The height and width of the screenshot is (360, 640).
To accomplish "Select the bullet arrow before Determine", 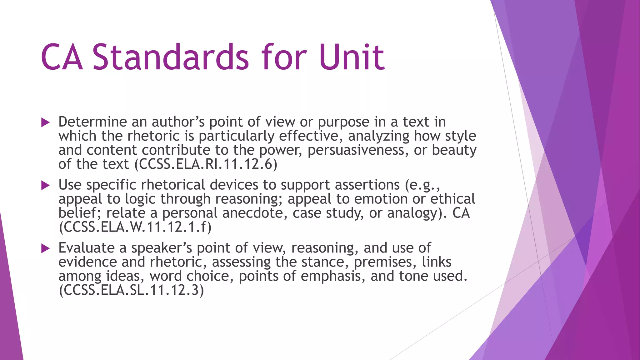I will (x=46, y=122).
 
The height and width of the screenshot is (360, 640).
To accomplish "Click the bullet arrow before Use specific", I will (x=46, y=186).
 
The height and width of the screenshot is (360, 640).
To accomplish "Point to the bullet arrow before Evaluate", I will (x=46, y=249).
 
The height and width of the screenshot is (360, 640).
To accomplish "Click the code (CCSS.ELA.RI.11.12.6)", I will (x=206, y=164).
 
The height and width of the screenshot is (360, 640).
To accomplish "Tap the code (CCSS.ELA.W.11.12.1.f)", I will (x=135, y=227).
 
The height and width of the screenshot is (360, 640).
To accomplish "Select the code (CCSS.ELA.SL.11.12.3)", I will (x=131, y=290).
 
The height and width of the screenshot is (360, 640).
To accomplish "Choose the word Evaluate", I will (x=87, y=248).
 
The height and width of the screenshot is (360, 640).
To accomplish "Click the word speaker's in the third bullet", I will (x=162, y=248).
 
